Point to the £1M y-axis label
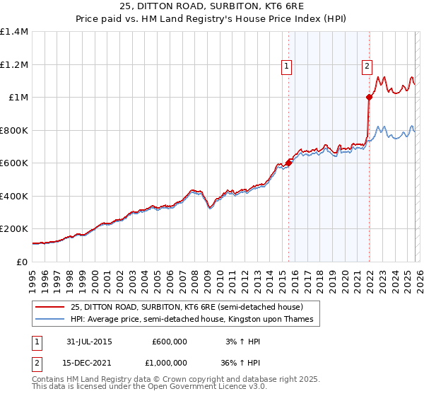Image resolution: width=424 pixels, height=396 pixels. (17, 97)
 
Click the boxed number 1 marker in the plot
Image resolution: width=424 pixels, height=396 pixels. (286, 66)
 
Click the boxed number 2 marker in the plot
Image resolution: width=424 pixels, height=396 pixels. (367, 66)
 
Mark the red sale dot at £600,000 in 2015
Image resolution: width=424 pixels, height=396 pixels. (288, 163)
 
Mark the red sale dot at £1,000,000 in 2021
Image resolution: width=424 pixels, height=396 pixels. (369, 98)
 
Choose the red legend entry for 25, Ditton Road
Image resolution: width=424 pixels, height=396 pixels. (187, 307)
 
